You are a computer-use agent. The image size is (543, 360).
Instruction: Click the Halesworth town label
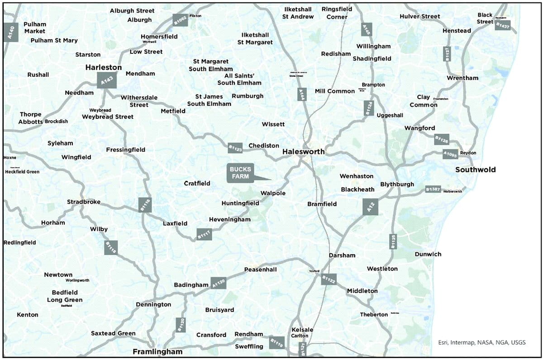point(303,152)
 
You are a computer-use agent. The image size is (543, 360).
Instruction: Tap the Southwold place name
point(475,170)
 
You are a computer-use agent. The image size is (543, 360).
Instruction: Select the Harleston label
point(104,67)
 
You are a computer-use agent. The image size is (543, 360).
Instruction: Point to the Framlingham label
point(157,351)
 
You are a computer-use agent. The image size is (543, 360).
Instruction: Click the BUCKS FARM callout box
point(240,173)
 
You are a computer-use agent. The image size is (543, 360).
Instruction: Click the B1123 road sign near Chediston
point(235,148)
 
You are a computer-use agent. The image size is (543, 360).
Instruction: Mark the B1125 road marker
point(393,241)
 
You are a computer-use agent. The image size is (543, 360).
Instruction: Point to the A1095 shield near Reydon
point(450,154)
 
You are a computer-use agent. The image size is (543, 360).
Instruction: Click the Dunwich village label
point(428,254)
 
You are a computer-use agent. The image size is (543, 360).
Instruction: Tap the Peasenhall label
point(260,270)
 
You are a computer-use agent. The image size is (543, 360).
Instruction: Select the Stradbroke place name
point(84,202)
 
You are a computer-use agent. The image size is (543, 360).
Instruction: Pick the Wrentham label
point(462,78)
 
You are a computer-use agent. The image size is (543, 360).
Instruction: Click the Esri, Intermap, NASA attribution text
point(482,342)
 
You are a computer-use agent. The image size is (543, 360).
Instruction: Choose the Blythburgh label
point(397,184)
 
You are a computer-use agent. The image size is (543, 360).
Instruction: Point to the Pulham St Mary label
point(54,40)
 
